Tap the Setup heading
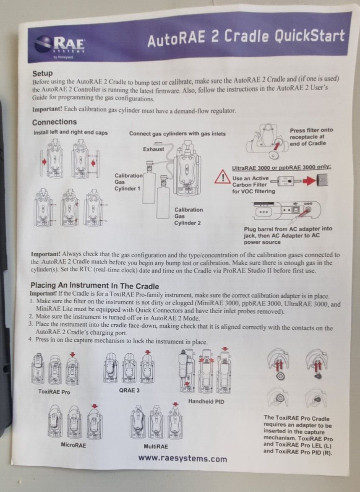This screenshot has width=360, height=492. point(42,73)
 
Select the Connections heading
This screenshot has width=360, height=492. point(55,122)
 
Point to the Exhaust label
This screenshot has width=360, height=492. point(154,149)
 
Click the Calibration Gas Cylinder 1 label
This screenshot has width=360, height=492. point(128,182)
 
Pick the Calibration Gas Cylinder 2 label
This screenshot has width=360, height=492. point(188,216)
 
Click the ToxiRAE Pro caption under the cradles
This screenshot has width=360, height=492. point(54,392)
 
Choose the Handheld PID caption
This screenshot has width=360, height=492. point(206,401)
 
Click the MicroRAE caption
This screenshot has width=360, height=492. point(73,445)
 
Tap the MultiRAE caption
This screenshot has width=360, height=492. point(156,446)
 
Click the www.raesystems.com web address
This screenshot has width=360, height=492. point(183,458)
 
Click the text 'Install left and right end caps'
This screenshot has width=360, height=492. point(70,133)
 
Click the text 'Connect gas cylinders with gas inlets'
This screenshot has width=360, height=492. point(177,134)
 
